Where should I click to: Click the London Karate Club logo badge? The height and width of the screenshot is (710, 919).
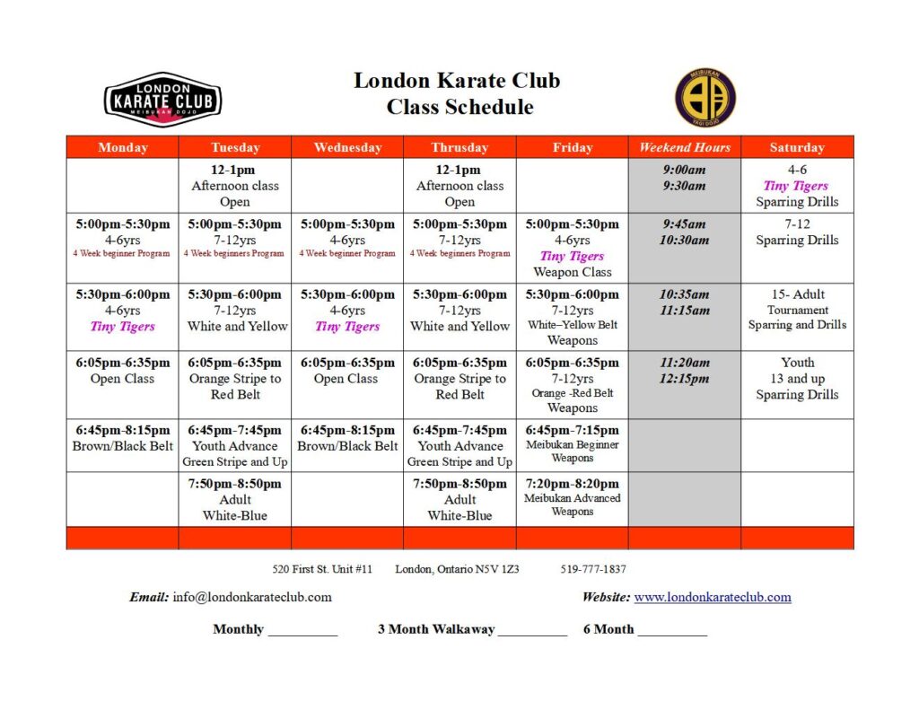(x=162, y=100)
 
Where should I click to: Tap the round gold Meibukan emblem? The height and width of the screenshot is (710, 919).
(x=705, y=98)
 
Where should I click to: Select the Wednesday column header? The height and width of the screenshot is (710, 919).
(x=347, y=147)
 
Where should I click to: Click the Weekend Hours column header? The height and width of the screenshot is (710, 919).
(x=685, y=147)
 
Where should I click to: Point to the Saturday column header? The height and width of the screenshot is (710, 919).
(x=797, y=147)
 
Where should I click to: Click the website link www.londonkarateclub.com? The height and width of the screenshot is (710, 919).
(x=713, y=597)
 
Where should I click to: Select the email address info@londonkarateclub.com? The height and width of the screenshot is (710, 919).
(x=252, y=597)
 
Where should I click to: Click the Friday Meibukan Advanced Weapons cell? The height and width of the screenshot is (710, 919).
(x=573, y=498)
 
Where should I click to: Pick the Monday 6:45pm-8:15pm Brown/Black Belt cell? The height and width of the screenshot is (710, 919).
(x=123, y=438)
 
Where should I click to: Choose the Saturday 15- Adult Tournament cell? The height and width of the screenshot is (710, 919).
(x=797, y=310)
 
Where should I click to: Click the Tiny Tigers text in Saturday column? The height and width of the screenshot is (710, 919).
(x=796, y=186)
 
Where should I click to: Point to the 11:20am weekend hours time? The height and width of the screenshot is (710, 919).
(x=685, y=363)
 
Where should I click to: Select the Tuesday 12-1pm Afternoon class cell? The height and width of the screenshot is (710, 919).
(x=235, y=186)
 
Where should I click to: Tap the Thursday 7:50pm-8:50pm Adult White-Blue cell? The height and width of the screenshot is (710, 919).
(x=459, y=499)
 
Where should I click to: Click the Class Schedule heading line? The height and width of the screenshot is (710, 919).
(x=459, y=108)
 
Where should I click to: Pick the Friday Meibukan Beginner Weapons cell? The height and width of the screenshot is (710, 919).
(x=573, y=444)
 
